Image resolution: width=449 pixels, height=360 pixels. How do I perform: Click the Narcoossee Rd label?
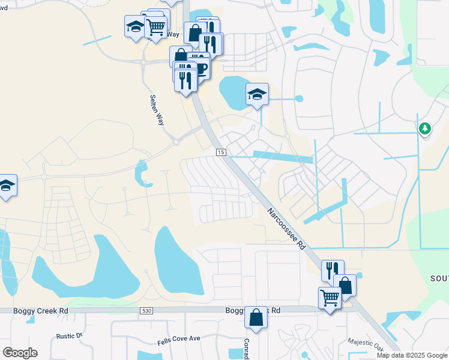tap(287, 229)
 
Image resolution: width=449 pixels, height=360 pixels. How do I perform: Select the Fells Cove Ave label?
tap(178, 339)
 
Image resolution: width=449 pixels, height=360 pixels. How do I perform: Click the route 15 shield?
tap(221, 153)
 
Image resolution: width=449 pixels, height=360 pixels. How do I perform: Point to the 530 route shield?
tap(146, 311)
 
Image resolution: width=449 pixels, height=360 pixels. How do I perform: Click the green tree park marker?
tap(425, 128)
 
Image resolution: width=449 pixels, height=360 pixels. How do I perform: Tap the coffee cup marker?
tap(201, 69)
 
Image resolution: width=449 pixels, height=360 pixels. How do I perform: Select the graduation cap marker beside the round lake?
tap(257, 94)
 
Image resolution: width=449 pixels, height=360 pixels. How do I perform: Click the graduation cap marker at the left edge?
tap(6, 185)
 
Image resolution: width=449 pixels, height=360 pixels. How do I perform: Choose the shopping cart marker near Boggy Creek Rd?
tap(330, 297)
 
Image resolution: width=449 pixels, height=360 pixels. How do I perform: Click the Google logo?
tap(20, 352)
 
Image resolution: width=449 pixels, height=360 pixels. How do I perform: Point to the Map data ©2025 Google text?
tap(412, 355)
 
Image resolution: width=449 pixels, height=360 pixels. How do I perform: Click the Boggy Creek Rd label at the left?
tap(35, 311)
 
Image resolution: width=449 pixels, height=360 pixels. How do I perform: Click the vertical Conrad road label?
tap(246, 346)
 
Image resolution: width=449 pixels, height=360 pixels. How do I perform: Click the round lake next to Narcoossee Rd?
tap(232, 91)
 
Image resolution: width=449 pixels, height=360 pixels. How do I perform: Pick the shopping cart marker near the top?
tap(155, 26)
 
